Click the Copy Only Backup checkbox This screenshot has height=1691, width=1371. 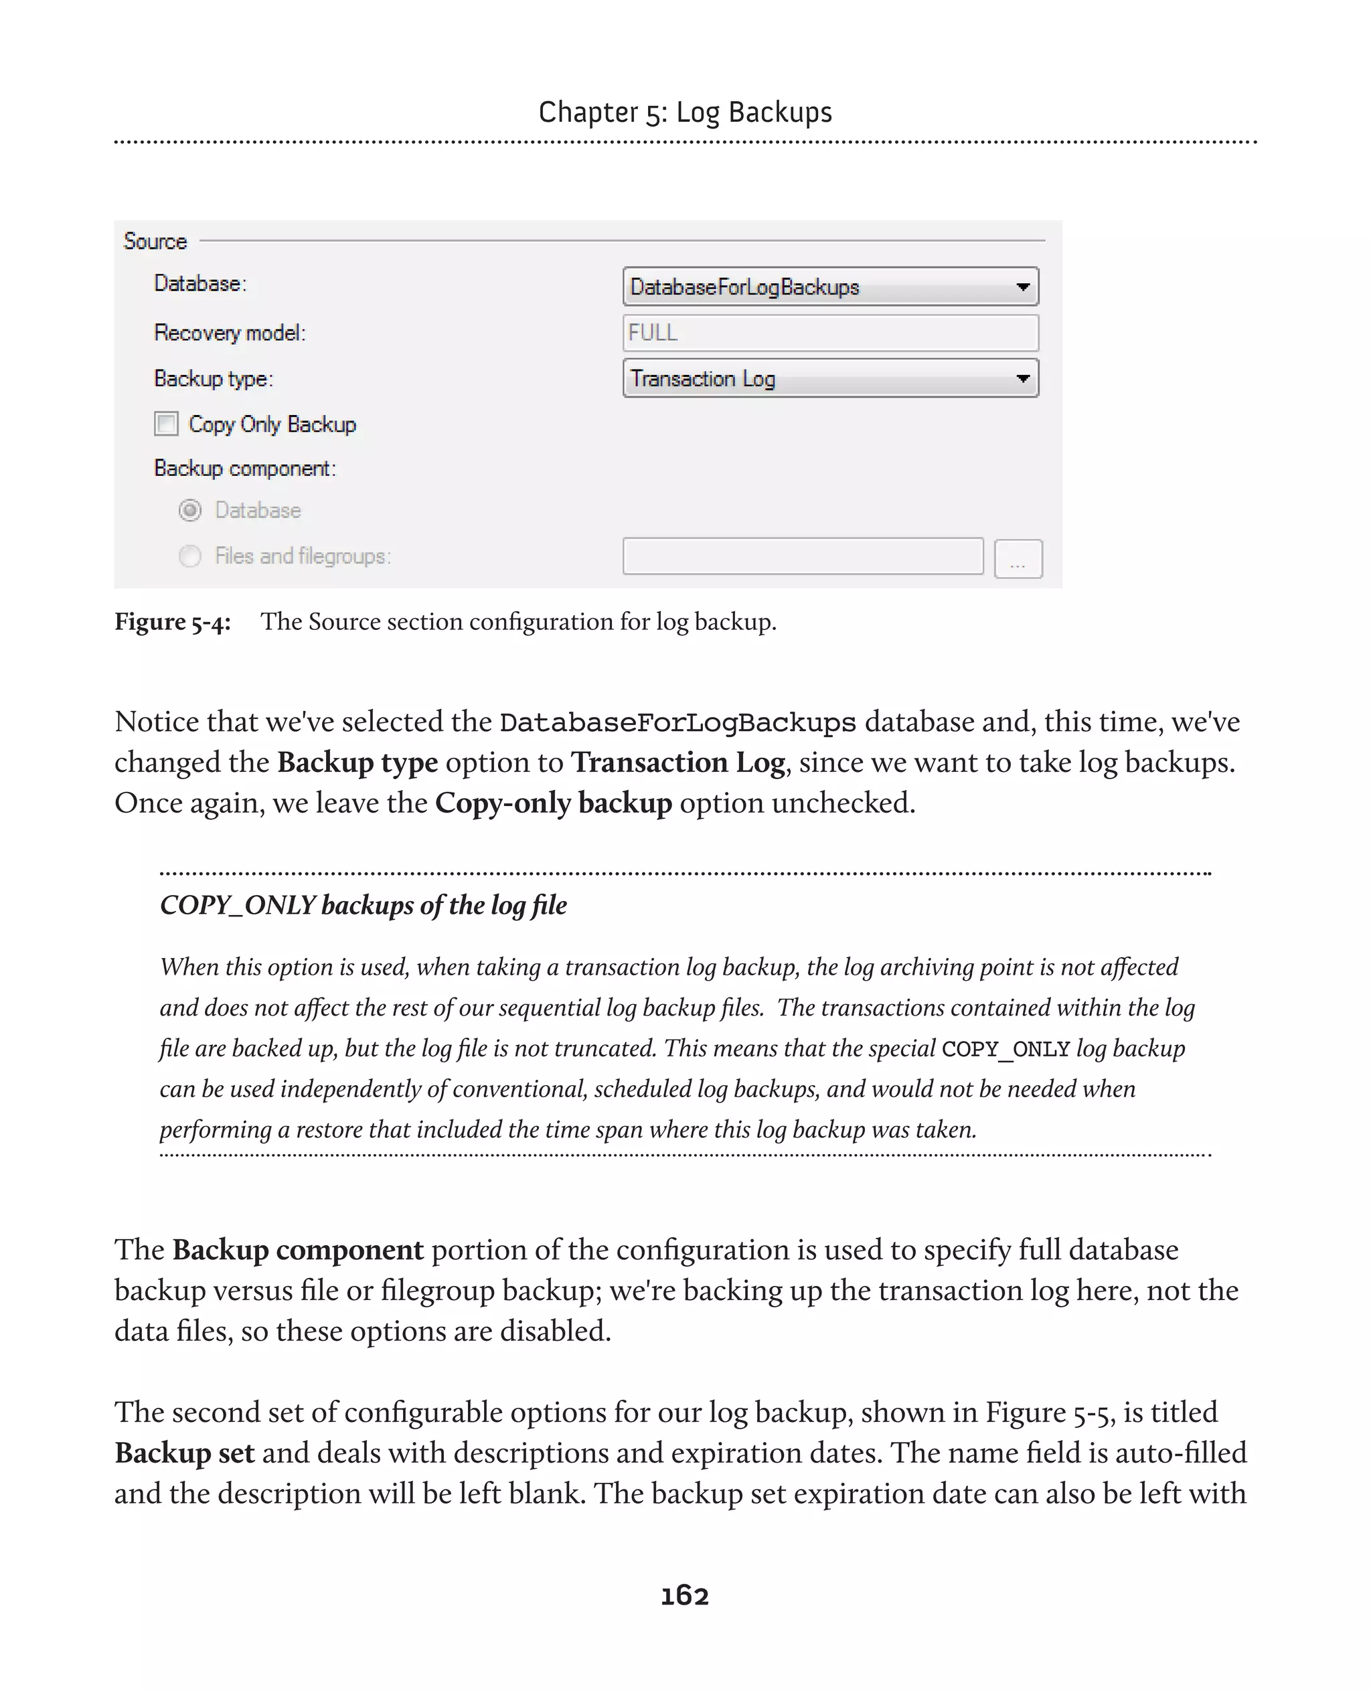click(x=166, y=424)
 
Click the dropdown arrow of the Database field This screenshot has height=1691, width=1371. click(x=1023, y=287)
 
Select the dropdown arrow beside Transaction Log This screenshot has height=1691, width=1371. click(x=1023, y=378)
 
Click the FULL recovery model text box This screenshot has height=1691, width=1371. click(x=829, y=333)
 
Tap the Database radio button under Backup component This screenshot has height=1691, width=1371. click(x=190, y=510)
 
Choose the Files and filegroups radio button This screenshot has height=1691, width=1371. click(x=190, y=556)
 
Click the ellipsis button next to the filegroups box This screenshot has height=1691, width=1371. click(x=1018, y=559)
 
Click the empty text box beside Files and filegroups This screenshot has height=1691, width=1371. click(x=803, y=557)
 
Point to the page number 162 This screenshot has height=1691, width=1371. click(x=685, y=1595)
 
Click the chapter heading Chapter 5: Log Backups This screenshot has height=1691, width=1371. click(x=685, y=112)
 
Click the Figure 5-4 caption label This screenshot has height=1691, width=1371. click(x=172, y=622)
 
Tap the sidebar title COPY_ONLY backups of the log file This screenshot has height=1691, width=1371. click(x=364, y=905)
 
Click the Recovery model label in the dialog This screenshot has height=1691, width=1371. click(x=229, y=333)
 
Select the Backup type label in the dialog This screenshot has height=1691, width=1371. click(x=214, y=379)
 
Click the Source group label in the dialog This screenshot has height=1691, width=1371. click(x=155, y=241)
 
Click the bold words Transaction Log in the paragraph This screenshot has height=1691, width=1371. click(x=678, y=762)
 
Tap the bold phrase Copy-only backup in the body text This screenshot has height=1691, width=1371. click(x=553, y=803)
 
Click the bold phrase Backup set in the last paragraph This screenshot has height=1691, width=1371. click(x=184, y=1453)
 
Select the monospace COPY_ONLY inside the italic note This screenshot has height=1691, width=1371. click(x=1005, y=1050)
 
